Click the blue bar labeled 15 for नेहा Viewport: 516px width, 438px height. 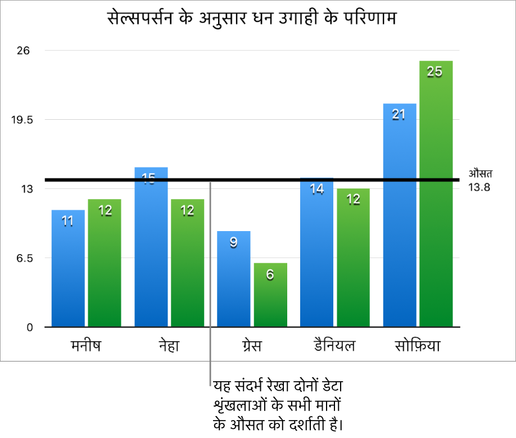tap(151, 247)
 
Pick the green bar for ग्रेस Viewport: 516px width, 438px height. tap(270, 295)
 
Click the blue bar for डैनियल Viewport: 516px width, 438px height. tap(317, 253)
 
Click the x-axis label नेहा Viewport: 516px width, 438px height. tap(169, 345)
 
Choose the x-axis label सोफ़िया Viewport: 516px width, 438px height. tap(417, 345)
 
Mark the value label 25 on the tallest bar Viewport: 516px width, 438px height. tap(434, 71)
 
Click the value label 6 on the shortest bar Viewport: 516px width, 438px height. tap(270, 275)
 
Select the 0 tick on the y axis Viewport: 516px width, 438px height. tap(31, 327)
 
